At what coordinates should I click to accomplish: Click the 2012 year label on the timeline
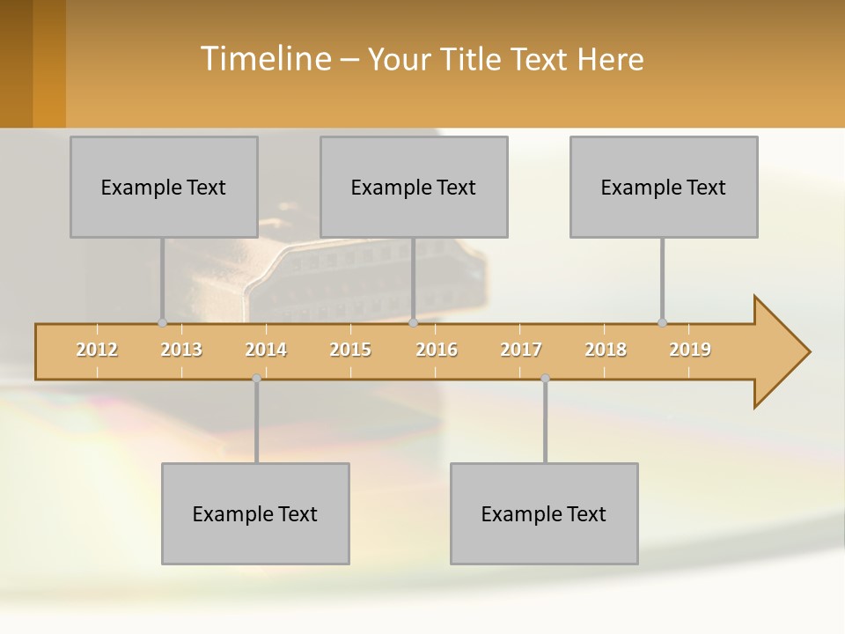pyautogui.click(x=97, y=350)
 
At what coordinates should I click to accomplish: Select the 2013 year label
pyautogui.click(x=181, y=350)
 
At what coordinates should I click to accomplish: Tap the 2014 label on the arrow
pyautogui.click(x=266, y=350)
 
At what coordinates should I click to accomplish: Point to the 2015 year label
pyautogui.click(x=350, y=350)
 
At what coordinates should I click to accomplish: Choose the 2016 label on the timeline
pyautogui.click(x=437, y=350)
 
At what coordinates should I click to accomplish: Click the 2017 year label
pyautogui.click(x=521, y=350)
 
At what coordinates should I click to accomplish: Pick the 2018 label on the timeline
pyautogui.click(x=606, y=350)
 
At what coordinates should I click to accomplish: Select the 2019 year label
pyautogui.click(x=690, y=350)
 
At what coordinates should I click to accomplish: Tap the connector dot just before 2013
pyautogui.click(x=163, y=322)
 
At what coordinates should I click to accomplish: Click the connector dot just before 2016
pyautogui.click(x=413, y=322)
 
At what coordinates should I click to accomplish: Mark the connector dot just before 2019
pyautogui.click(x=662, y=322)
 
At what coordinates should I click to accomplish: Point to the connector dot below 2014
pyautogui.click(x=256, y=379)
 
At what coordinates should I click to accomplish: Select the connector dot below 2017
pyautogui.click(x=545, y=379)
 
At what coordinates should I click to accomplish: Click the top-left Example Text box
pyautogui.click(x=164, y=187)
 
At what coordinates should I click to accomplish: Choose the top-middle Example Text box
pyautogui.click(x=414, y=187)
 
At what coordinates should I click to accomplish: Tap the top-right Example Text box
pyautogui.click(x=664, y=187)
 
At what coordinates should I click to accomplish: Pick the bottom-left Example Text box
pyautogui.click(x=255, y=513)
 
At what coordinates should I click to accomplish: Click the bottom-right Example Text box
pyautogui.click(x=544, y=513)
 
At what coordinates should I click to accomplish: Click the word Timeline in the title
pyautogui.click(x=265, y=59)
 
